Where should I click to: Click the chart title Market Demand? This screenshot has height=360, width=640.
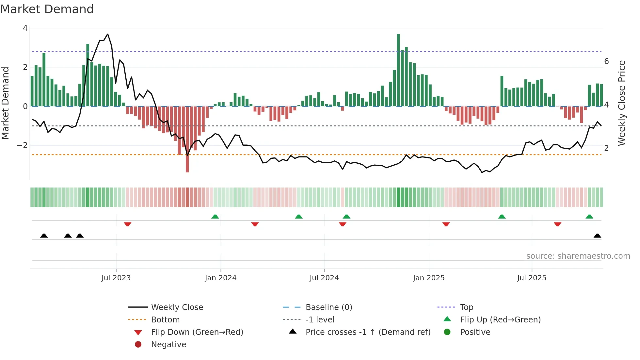click(x=47, y=9)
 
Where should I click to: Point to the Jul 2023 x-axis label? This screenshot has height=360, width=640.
click(x=116, y=278)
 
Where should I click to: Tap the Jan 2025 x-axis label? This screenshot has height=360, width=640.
click(x=428, y=278)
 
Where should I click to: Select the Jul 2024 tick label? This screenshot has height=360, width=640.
click(x=324, y=278)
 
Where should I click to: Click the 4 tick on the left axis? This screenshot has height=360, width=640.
click(x=25, y=28)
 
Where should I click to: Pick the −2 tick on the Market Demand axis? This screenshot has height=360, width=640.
click(x=23, y=145)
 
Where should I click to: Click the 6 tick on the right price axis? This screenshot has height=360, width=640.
click(x=606, y=61)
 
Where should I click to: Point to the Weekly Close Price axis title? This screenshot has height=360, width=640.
click(x=622, y=103)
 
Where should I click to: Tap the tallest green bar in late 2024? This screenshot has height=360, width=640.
click(x=398, y=70)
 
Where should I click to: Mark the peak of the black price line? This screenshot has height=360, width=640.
click(x=108, y=34)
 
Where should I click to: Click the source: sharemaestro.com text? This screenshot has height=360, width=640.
click(x=578, y=256)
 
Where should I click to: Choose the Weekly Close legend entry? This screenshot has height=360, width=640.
click(x=177, y=307)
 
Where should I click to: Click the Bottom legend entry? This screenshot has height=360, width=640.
click(x=165, y=320)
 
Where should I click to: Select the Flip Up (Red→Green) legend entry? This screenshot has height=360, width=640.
click(x=500, y=320)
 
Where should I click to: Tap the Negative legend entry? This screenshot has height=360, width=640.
click(x=168, y=345)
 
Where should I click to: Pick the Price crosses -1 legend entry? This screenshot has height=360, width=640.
click(x=368, y=332)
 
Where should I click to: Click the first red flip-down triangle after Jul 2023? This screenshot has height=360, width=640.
click(x=128, y=224)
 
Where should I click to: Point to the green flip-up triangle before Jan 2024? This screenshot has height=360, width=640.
click(x=215, y=217)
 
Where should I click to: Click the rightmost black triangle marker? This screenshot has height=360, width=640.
click(x=597, y=236)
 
